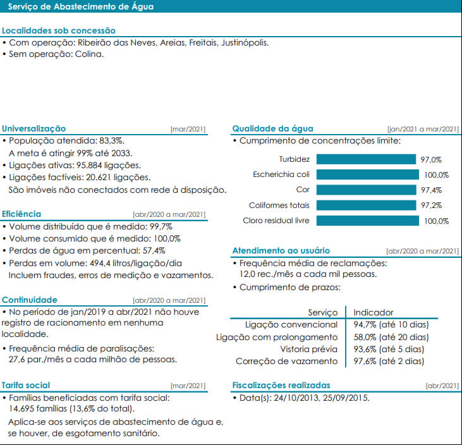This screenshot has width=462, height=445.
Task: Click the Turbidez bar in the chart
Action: tap(366, 159)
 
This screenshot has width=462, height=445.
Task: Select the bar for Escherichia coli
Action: tap(367, 174)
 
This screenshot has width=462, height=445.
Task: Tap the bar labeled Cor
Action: tap(366, 190)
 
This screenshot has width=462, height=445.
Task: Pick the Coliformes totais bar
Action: tap(366, 205)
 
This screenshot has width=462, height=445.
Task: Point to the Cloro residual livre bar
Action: tap(367, 221)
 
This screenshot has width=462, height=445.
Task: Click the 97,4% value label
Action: tap(431, 190)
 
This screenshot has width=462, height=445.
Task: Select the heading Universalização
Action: tap(34, 128)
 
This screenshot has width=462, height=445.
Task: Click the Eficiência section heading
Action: tap(21, 214)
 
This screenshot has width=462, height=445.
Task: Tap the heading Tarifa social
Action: tap(26, 385)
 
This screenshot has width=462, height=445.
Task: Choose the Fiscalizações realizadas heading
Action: tap(281, 385)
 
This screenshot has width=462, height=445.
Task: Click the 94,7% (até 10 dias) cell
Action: tap(391, 324)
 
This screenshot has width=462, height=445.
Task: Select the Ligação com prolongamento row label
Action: tap(277, 337)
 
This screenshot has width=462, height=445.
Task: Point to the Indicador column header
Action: tap(374, 312)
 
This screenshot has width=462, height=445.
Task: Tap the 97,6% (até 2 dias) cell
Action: tap(389, 361)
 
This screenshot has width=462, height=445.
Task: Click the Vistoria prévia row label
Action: tap(309, 349)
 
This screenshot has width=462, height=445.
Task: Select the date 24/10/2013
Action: tap(296, 398)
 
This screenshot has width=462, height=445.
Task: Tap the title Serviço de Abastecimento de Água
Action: tap(81, 6)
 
